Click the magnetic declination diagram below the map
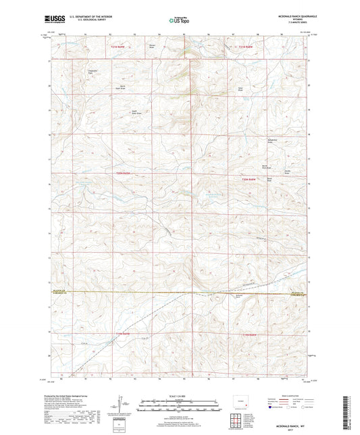[x=123, y=408]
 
